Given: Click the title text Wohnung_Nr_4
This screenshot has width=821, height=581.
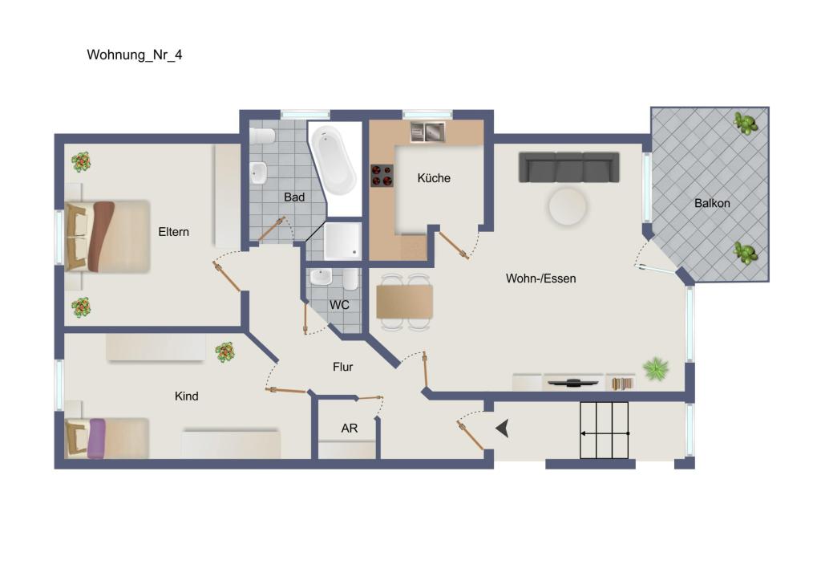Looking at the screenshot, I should click(x=135, y=55).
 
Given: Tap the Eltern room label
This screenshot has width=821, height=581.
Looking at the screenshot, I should click(x=174, y=232).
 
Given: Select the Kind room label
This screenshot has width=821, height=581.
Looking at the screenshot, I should click(x=186, y=396).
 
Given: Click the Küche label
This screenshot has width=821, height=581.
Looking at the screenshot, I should click(x=434, y=178).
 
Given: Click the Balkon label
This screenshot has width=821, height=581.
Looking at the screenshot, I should click(x=712, y=203).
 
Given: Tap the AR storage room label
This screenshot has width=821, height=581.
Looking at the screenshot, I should click(x=350, y=429).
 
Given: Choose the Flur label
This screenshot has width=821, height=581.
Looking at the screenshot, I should click(x=343, y=367).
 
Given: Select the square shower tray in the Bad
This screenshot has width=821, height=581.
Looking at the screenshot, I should click(x=343, y=242).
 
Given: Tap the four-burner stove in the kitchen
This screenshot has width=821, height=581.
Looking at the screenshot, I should click(x=382, y=175).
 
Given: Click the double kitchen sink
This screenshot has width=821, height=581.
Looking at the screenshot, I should click(x=427, y=131).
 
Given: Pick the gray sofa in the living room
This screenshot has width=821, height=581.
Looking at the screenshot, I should click(x=569, y=167).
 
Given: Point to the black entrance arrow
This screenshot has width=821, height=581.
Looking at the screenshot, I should click(x=503, y=429).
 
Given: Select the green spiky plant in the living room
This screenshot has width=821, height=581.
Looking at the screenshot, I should click(x=656, y=369).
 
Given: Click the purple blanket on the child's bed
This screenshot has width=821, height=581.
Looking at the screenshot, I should click(x=97, y=438).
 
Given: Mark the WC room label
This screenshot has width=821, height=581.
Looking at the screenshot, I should click(x=339, y=305).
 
